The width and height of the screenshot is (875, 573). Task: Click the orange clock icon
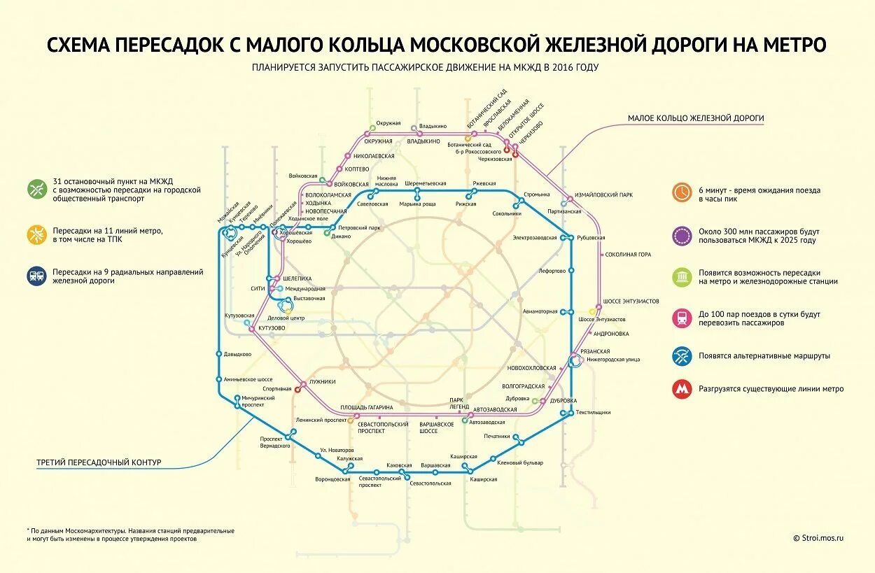pyautogui.click(x=682, y=193)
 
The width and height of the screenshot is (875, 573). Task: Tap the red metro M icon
pyautogui.click(x=682, y=389)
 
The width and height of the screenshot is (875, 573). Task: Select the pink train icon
pyautogui.click(x=682, y=318)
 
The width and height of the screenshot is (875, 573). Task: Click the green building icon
pyautogui.click(x=682, y=277)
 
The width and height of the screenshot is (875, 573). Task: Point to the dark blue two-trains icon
pyautogui.click(x=36, y=276)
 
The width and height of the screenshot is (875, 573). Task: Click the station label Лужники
pyautogui.click(x=322, y=381)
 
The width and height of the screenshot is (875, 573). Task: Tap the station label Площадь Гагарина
pyautogui.click(x=366, y=407)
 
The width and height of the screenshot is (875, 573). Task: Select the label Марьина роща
pyautogui.click(x=417, y=204)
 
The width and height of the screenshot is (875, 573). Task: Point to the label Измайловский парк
pyautogui.click(x=603, y=195)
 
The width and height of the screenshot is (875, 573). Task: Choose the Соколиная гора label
pyautogui.click(x=628, y=255)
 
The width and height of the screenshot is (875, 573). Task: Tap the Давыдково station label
pyautogui.click(x=237, y=354)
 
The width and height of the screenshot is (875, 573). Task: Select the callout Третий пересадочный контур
pyautogui.click(x=99, y=462)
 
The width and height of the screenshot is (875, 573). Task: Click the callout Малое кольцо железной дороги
pyautogui.click(x=695, y=118)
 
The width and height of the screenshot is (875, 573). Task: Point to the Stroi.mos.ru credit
pyautogui.click(x=818, y=538)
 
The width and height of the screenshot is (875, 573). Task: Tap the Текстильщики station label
pyautogui.click(x=593, y=413)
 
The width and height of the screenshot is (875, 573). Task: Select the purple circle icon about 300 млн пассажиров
pyautogui.click(x=682, y=235)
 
